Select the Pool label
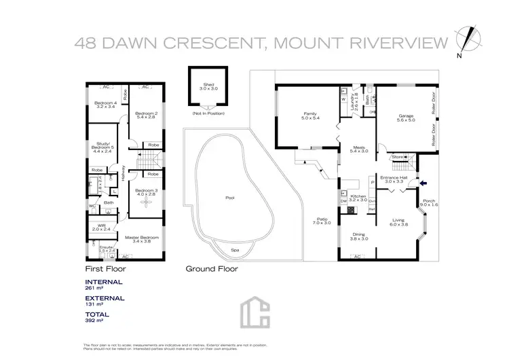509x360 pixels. pyautogui.click(x=229, y=198)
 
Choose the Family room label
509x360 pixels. pyautogui.click(x=309, y=115)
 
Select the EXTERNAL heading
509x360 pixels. pyautogui.click(x=105, y=298)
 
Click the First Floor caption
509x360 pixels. pyautogui.click(x=106, y=268)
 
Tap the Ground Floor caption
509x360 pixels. pyautogui.click(x=212, y=268)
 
